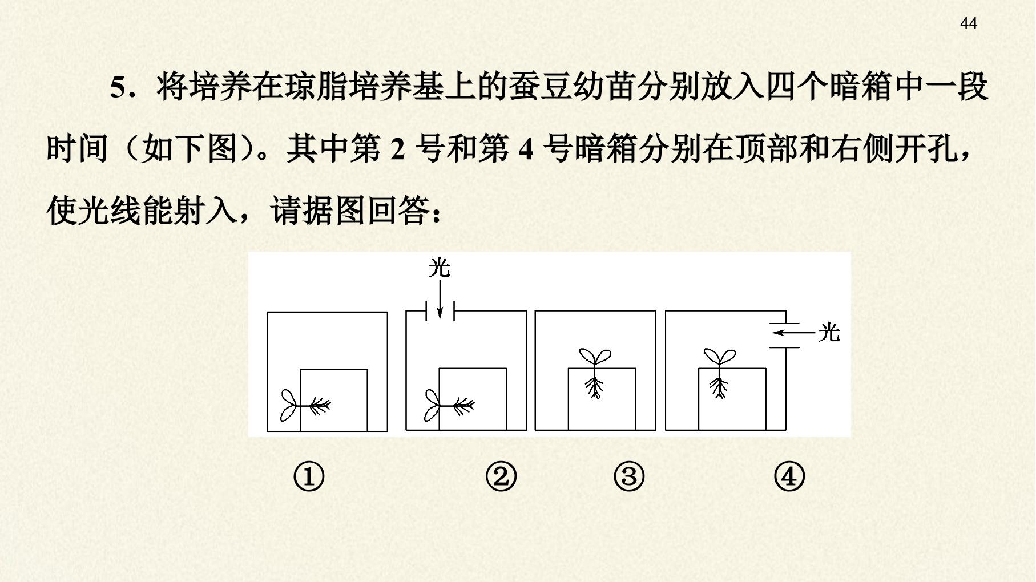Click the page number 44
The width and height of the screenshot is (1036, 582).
(x=969, y=23)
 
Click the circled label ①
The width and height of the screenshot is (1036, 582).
(x=309, y=476)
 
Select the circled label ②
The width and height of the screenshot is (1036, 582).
(x=501, y=476)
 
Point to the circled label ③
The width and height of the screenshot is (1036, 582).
(x=629, y=476)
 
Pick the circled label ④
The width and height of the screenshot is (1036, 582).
(x=789, y=476)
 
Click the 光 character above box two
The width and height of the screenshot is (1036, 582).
(x=440, y=268)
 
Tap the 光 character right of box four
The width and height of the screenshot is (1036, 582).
(x=829, y=332)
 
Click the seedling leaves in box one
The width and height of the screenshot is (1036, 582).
(x=289, y=406)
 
